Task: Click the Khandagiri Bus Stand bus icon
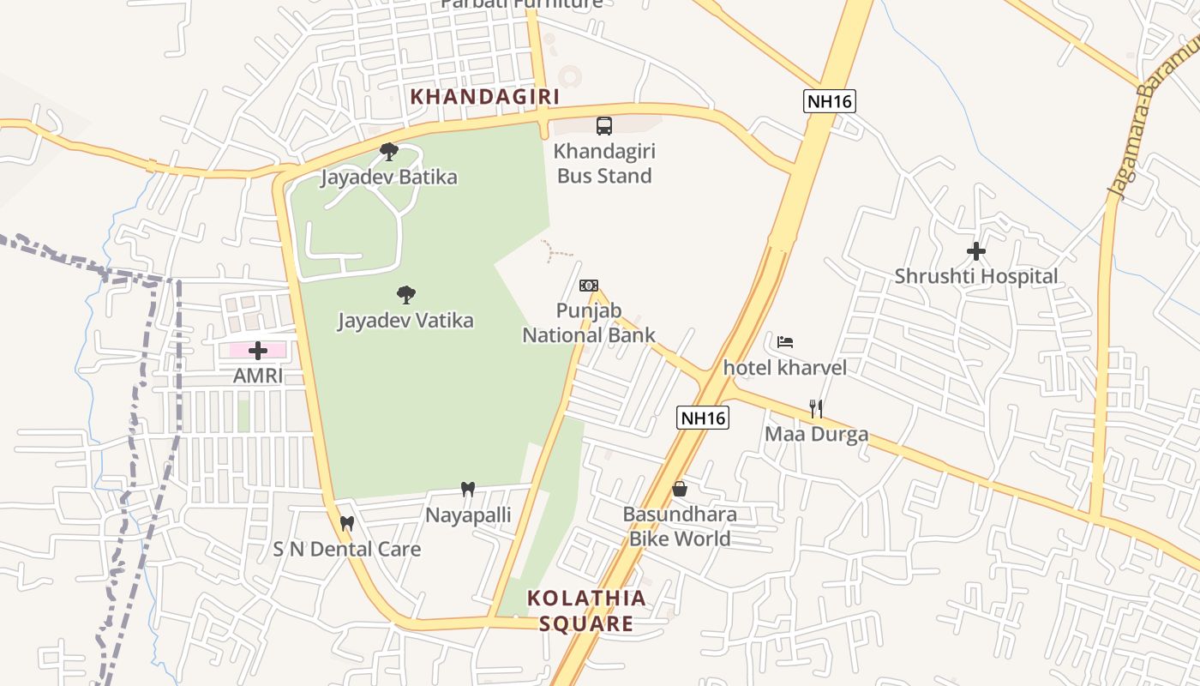[x=604, y=126]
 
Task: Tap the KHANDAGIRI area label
[x=485, y=97]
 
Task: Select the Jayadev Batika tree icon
[x=389, y=152]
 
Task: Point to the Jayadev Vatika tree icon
[x=406, y=295]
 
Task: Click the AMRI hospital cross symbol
[x=258, y=350]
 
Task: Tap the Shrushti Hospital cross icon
[x=975, y=251]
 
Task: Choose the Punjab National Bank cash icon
[x=589, y=286]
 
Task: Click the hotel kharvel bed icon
[x=785, y=342]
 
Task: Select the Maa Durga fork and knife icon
[x=816, y=408]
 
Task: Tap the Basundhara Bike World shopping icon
[x=680, y=489]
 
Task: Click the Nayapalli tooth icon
[x=468, y=490]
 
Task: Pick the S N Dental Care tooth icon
[x=347, y=523]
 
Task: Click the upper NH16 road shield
[x=830, y=101]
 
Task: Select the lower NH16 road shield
[x=703, y=418]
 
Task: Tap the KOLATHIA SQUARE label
[x=586, y=611]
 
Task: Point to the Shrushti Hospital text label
[x=976, y=277]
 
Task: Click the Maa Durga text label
[x=816, y=434]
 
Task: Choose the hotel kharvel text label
[x=785, y=368]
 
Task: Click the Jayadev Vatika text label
[x=405, y=321]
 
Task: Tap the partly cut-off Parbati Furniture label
[x=522, y=4]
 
